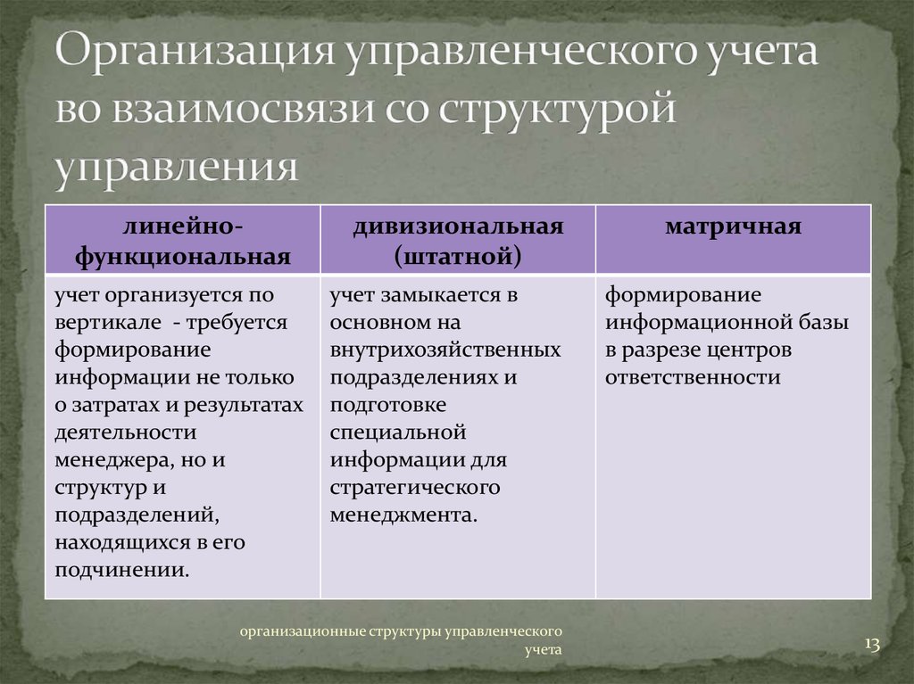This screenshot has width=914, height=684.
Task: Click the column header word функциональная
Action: (x=182, y=257)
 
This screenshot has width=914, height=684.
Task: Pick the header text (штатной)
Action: (x=458, y=257)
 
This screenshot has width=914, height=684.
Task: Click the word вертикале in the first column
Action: (x=108, y=323)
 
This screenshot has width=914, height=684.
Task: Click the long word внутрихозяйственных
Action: (x=445, y=350)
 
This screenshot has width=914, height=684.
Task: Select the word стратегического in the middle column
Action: (x=415, y=488)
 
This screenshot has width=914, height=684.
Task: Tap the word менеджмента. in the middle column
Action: (x=403, y=515)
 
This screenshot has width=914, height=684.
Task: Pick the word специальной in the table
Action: (x=398, y=433)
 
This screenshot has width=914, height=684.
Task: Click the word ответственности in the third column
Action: (x=693, y=377)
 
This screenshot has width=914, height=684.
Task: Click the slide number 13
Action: (x=872, y=645)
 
